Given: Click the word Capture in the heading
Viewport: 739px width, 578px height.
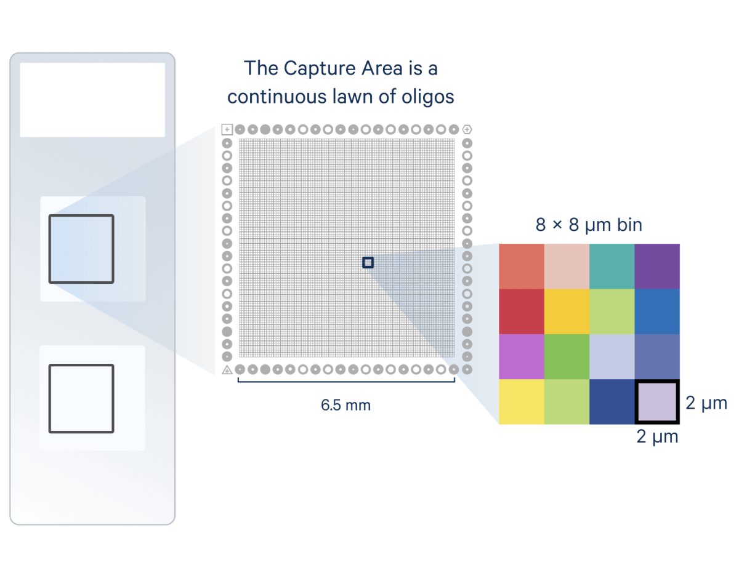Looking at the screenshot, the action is (x=320, y=69).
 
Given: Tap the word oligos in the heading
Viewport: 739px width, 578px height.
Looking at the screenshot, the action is (x=428, y=97).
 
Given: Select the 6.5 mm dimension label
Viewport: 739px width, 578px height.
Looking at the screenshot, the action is (x=345, y=405).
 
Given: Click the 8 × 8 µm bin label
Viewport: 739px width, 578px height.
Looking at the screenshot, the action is (x=589, y=225).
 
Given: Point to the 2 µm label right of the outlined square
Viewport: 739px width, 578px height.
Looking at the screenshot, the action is (x=706, y=403).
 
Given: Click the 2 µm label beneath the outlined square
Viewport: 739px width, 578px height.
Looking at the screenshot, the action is (x=657, y=436).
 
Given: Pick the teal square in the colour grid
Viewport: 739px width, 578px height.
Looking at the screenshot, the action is (x=612, y=267).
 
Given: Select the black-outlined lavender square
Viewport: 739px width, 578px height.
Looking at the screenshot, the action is (x=657, y=401).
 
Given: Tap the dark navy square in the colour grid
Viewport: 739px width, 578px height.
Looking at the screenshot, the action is (x=612, y=401).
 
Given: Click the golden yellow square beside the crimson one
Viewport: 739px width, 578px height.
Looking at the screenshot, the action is (x=567, y=311).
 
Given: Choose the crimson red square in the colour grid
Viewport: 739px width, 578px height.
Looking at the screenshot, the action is (x=522, y=311).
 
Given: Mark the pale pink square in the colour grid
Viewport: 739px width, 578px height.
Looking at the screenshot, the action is (x=567, y=267).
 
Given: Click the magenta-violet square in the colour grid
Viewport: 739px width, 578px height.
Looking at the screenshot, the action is (x=522, y=356).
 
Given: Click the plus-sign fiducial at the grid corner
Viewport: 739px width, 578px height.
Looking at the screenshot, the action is (x=227, y=129).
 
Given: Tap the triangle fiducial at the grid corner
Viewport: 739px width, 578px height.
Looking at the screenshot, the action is (x=227, y=370).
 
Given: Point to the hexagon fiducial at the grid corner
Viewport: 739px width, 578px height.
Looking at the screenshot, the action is (x=467, y=129).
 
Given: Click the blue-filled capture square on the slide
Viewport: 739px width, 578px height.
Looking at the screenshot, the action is (x=81, y=249).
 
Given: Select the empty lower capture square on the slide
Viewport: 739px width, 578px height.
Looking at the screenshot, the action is (x=49, y=399).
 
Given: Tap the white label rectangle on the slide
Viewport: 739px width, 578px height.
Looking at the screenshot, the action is (x=92, y=100).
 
